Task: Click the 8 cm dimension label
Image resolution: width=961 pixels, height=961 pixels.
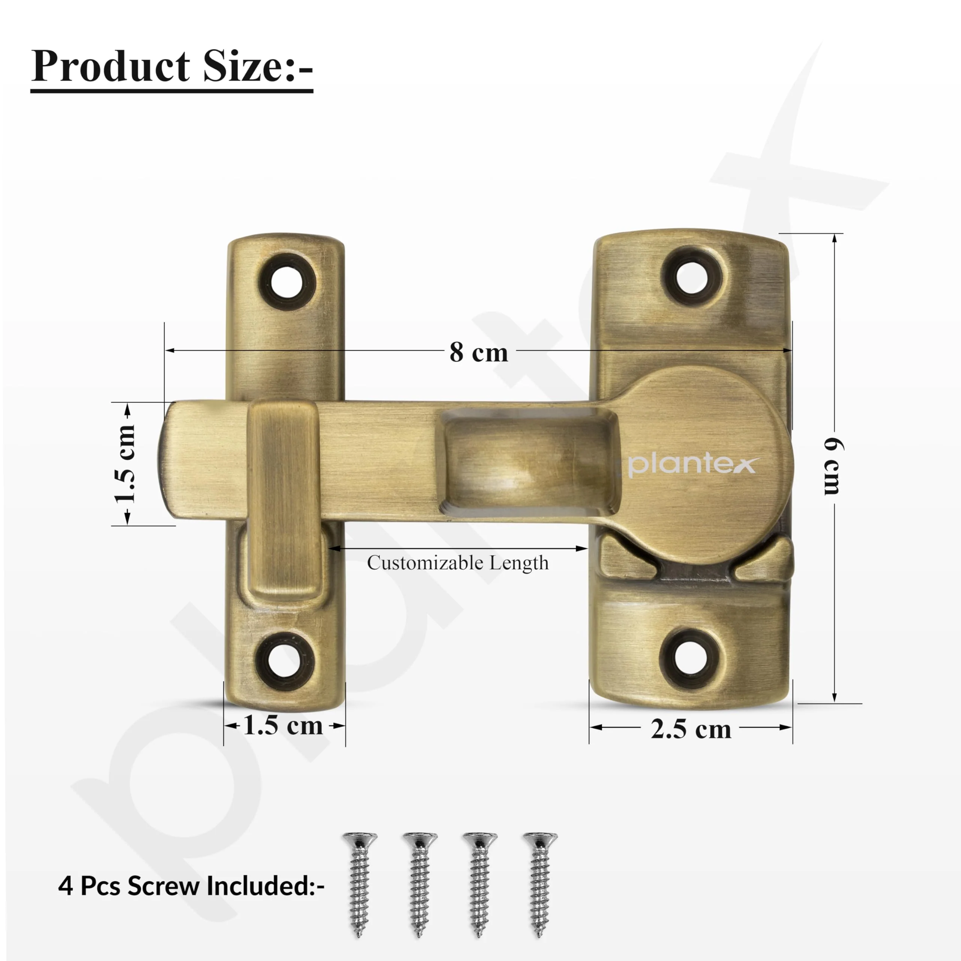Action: point(479,352)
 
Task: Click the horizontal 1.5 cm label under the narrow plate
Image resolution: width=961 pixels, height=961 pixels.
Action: point(283,726)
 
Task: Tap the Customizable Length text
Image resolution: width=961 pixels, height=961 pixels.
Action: point(458,563)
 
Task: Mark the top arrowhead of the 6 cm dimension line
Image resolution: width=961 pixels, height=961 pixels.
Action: point(834,238)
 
